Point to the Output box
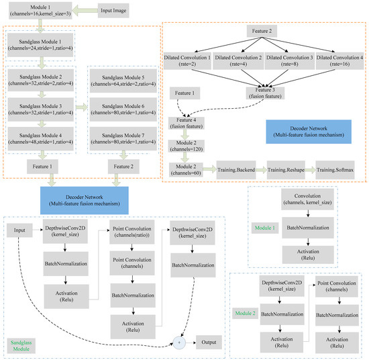210,342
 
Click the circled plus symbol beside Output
180,342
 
